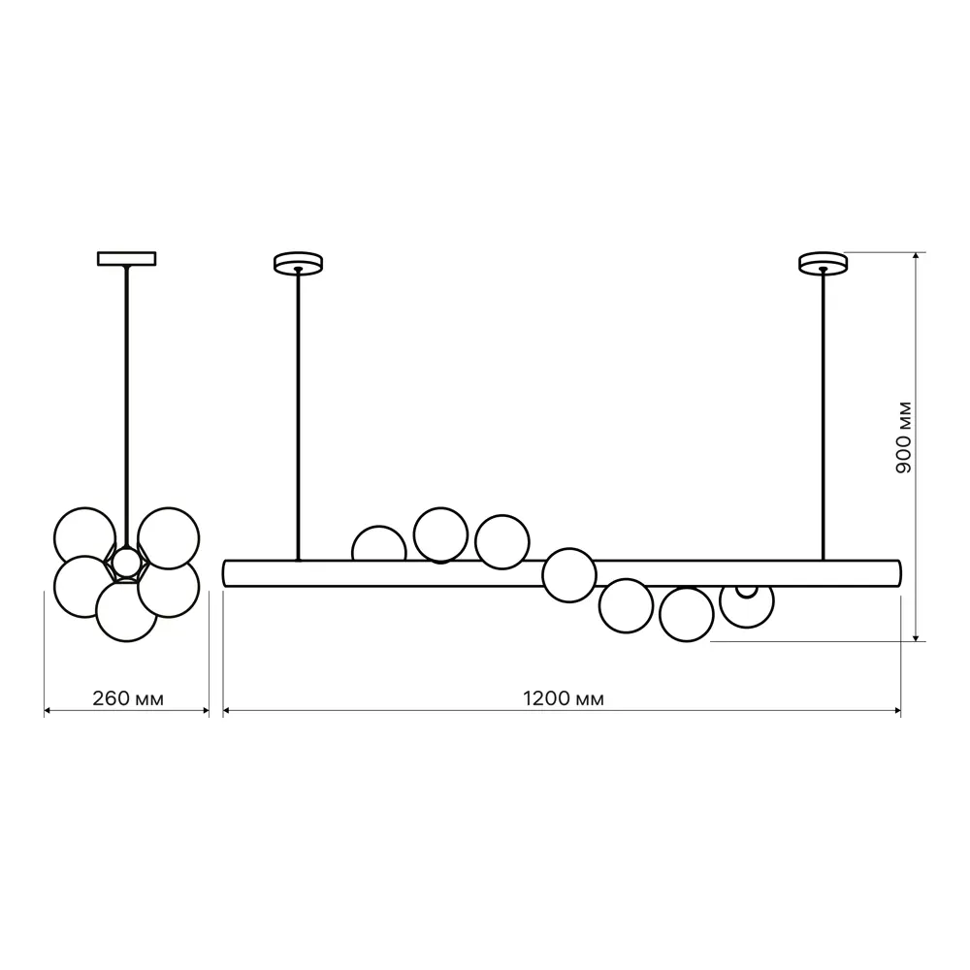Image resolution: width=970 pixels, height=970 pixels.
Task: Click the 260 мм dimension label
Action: (x=128, y=698)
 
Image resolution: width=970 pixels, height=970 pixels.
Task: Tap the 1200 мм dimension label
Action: (x=564, y=698)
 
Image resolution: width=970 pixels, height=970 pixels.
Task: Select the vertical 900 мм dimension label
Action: (x=904, y=437)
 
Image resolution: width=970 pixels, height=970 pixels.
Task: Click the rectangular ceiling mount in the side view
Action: (x=127, y=259)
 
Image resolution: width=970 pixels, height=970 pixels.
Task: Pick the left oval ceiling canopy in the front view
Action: (x=298, y=262)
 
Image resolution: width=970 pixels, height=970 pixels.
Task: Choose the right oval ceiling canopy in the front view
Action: (x=823, y=262)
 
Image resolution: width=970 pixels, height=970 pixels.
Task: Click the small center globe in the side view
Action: (x=127, y=562)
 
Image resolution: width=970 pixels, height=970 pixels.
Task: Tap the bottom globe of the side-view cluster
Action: (x=127, y=611)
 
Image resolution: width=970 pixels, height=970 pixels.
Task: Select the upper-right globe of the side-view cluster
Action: (x=168, y=538)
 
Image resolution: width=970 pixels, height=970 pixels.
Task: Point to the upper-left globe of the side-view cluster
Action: (x=84, y=537)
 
